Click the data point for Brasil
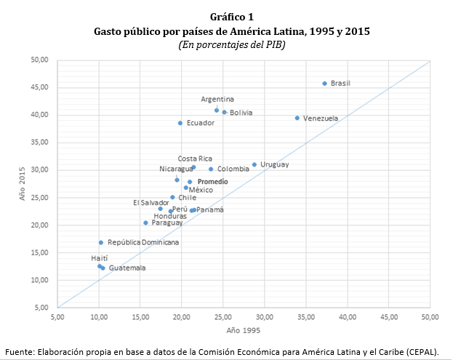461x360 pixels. [324, 84]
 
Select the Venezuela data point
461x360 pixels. [297, 118]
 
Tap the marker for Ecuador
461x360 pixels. [180, 123]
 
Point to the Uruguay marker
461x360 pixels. [254, 164]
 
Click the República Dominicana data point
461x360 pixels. [101, 242]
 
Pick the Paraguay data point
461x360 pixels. [145, 223]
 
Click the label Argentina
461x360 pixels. [217, 100]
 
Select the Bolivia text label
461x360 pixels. [241, 113]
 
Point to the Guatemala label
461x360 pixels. [127, 268]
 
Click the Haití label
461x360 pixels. [100, 257]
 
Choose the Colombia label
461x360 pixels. [233, 169]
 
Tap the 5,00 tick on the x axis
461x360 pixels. [57, 317]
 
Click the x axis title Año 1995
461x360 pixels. [244, 331]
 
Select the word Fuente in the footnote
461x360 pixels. [18, 351]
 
